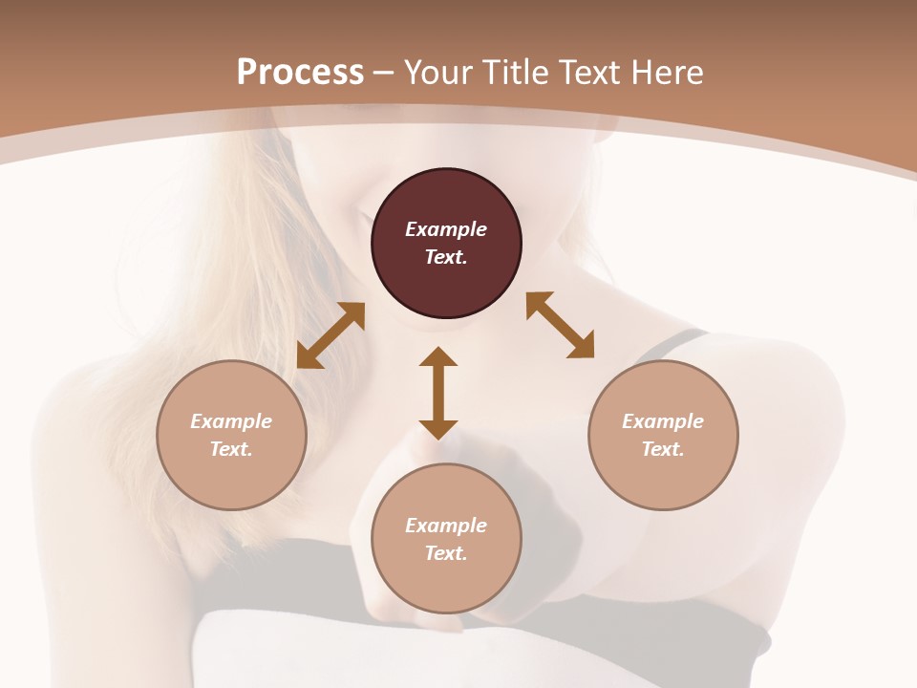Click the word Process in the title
(300, 72)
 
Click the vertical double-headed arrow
(438, 393)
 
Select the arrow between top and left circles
(331, 335)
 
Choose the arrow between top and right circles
(560, 325)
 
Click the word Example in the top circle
(446, 229)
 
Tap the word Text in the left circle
(231, 449)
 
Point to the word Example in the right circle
(663, 421)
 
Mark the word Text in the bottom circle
(445, 553)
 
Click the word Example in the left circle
(231, 421)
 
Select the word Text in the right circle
(662, 449)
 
